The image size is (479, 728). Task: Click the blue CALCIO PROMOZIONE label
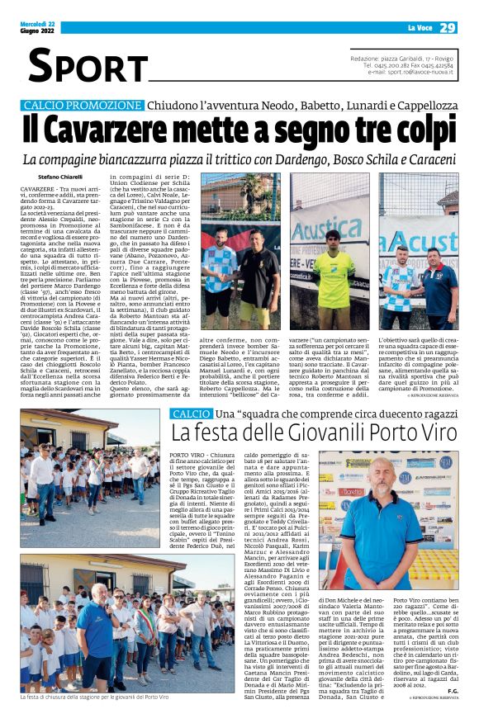(x=83, y=106)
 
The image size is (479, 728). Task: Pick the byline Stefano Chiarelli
(x=60, y=177)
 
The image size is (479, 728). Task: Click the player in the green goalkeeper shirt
(x=334, y=273)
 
